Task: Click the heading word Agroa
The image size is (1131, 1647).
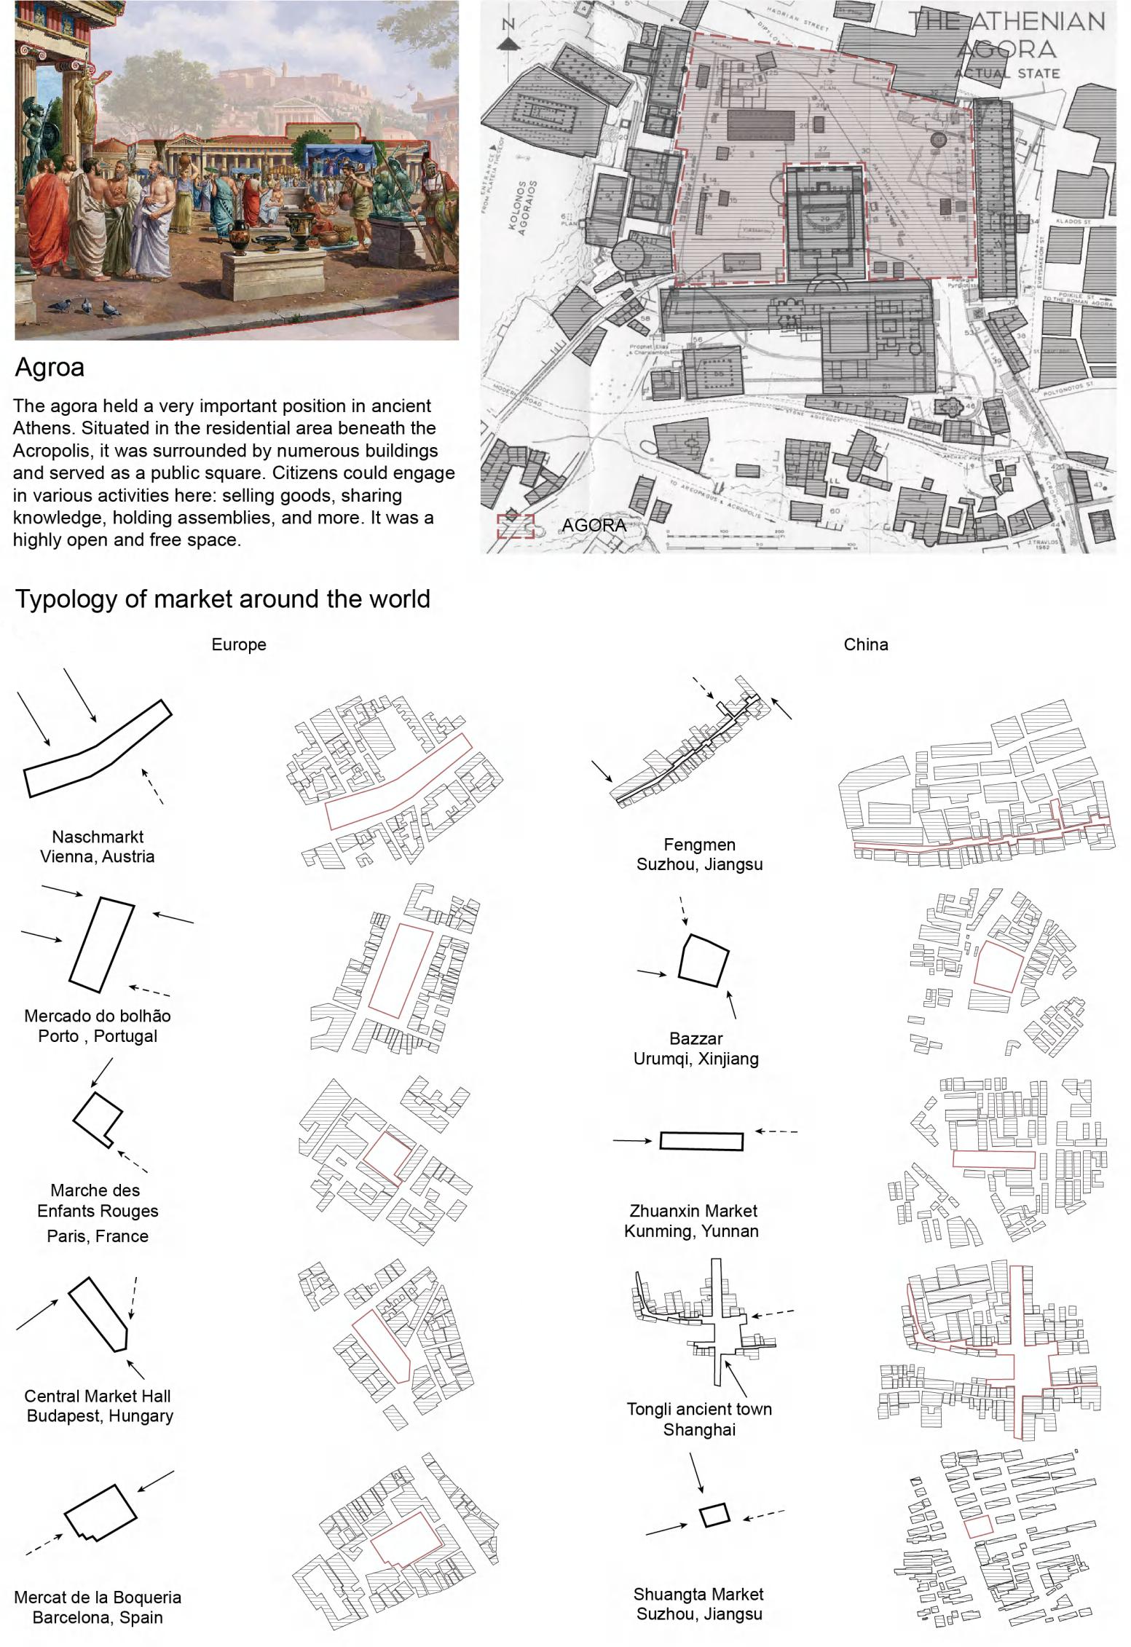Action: (50, 368)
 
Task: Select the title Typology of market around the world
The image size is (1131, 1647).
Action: (223, 599)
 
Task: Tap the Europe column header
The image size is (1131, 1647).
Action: (239, 644)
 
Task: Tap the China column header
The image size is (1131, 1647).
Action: (865, 644)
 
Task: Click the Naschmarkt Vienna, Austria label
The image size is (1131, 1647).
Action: (97, 847)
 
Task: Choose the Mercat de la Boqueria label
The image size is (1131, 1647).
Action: (98, 1608)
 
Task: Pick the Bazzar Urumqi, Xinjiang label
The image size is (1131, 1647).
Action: (695, 1049)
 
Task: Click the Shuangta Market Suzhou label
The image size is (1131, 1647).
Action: (699, 1604)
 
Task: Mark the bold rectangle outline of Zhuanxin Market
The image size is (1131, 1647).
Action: (701, 1141)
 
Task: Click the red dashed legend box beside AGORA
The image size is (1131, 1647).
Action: (516, 526)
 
